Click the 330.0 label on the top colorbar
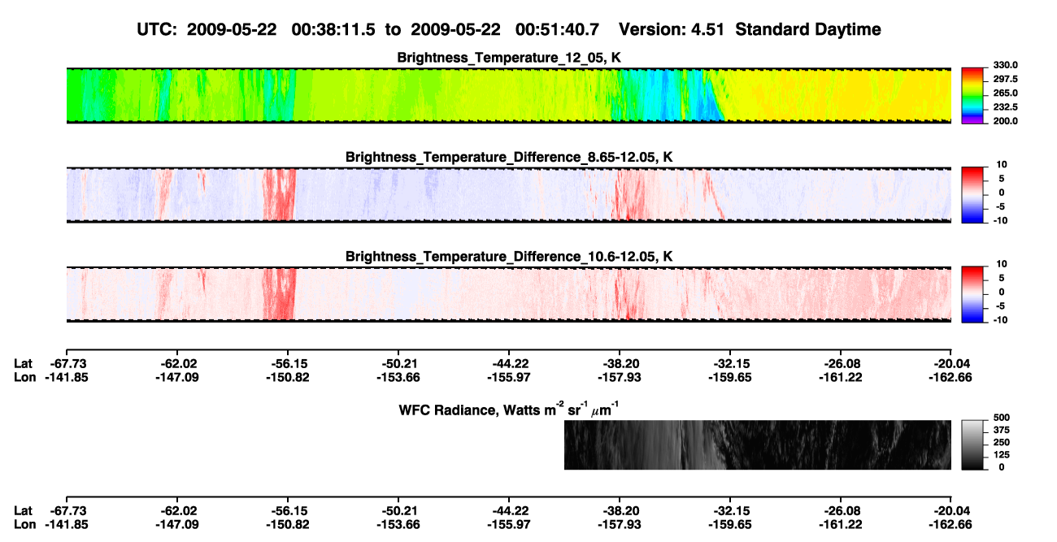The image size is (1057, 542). click(1005, 65)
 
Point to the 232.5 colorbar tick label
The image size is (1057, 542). click(1005, 107)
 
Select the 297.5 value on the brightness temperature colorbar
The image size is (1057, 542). click(1005, 79)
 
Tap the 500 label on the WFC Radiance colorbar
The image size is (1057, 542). click(1001, 418)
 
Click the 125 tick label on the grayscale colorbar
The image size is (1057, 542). click(1001, 455)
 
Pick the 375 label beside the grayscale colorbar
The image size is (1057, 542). click(1001, 430)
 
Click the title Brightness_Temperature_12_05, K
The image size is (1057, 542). click(509, 58)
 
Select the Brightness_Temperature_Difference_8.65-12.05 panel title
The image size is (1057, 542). click(509, 157)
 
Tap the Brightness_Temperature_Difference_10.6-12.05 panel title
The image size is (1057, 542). click(509, 257)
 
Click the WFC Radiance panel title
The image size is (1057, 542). click(509, 409)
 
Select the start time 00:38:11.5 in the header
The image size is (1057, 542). click(333, 29)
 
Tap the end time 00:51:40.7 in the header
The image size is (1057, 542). click(557, 29)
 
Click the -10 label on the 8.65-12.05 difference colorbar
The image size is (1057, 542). click(1000, 220)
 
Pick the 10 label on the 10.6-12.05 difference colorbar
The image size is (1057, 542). click(1002, 264)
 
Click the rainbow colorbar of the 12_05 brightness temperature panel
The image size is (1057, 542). click(972, 96)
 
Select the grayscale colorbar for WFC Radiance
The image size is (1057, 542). click(972, 444)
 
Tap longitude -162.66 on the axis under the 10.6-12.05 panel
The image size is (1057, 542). click(950, 377)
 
